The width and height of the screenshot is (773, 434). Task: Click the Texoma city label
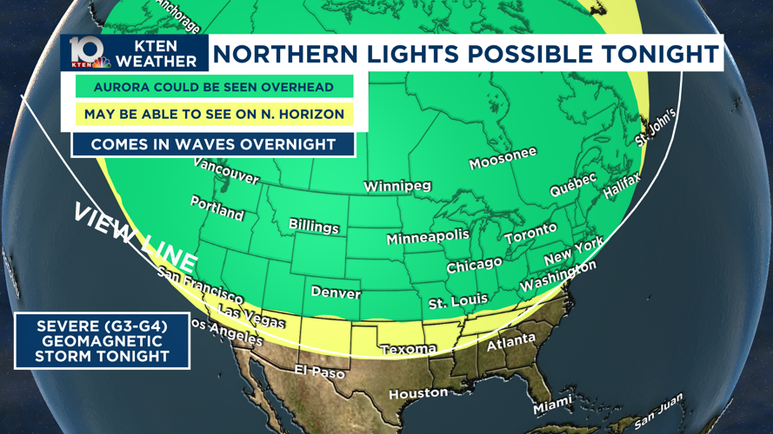(x=409, y=349)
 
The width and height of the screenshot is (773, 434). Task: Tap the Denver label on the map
(x=336, y=293)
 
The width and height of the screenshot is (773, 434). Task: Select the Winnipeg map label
(x=396, y=187)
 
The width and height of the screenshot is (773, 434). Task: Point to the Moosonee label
(x=503, y=159)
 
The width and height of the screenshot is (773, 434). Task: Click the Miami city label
(x=553, y=404)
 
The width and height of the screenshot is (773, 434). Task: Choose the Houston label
(x=418, y=393)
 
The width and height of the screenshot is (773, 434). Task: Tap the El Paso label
(x=319, y=372)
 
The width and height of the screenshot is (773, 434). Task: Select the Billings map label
(x=314, y=226)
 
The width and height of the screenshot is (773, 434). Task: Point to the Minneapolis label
(x=427, y=237)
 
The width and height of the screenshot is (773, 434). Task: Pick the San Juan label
(x=658, y=412)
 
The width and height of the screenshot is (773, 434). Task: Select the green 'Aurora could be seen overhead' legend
(x=214, y=87)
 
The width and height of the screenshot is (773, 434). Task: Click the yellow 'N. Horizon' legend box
(x=214, y=114)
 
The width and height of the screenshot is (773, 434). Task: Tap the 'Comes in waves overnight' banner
(x=213, y=144)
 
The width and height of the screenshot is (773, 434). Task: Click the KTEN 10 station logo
(x=90, y=53)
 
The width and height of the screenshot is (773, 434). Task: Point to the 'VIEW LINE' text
(x=135, y=237)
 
